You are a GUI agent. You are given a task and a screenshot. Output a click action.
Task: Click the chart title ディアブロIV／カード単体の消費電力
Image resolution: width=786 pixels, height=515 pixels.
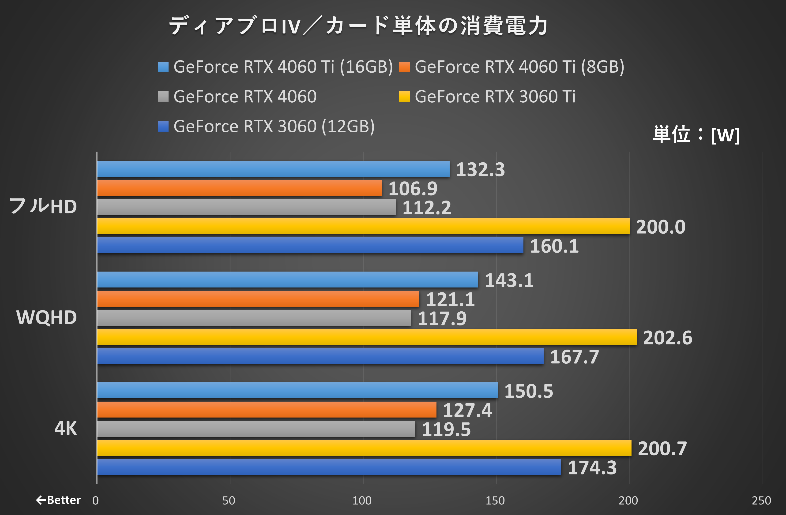coord(358,26)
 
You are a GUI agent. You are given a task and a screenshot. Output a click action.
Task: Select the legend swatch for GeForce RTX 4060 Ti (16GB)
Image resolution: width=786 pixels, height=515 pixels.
coord(163,67)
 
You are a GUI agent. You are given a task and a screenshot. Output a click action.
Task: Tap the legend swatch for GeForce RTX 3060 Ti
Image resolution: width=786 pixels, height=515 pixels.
coord(404,97)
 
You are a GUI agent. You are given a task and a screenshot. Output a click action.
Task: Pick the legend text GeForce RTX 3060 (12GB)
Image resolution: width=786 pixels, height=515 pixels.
coord(274,127)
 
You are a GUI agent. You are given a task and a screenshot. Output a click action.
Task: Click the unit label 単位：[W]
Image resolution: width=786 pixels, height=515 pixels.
coord(696,135)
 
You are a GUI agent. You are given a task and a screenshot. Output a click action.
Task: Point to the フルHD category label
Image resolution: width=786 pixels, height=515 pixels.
coord(43,206)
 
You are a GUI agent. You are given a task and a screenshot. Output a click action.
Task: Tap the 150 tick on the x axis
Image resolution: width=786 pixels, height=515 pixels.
coord(495,500)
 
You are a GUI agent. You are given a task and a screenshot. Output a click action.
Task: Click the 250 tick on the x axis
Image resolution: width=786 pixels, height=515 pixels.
coord(761,500)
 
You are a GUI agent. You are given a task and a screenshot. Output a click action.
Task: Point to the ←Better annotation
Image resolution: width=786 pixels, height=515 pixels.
coord(58,500)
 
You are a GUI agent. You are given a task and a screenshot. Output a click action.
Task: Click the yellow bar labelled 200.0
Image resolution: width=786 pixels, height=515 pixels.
coord(363,226)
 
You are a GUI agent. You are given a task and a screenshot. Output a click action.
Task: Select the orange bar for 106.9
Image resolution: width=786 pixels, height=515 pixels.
coord(239,188)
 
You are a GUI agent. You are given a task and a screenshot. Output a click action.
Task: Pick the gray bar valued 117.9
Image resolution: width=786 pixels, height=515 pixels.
coord(254,318)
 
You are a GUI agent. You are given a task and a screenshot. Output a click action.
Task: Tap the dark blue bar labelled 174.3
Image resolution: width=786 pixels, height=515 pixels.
coord(329,467)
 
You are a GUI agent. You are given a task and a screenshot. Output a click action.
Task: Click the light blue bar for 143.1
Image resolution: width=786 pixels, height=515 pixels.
coord(288,280)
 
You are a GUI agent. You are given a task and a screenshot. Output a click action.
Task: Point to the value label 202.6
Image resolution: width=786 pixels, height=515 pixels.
coord(667,338)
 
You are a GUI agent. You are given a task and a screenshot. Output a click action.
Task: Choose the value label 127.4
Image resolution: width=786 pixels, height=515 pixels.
coord(467,410)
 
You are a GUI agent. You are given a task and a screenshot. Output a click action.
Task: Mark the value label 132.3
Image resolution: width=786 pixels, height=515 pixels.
coord(481,169)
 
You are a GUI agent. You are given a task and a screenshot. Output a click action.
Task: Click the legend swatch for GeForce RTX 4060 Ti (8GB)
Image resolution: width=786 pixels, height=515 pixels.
coord(404,67)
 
